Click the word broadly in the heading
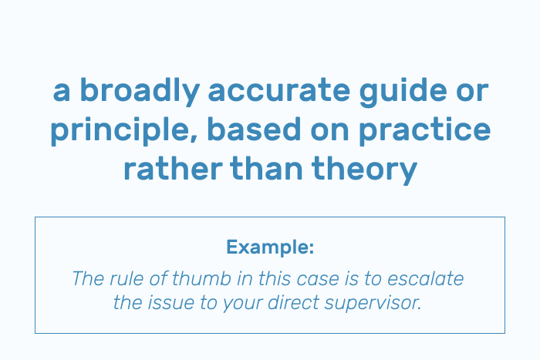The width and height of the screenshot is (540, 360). (140, 90)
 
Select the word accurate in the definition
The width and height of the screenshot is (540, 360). (279, 90)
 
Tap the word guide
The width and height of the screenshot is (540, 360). (403, 90)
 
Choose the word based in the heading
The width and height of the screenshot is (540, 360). (254, 130)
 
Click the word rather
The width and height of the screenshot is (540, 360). (173, 168)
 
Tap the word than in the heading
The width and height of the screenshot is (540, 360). (267, 168)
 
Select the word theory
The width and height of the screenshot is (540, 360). (364, 170)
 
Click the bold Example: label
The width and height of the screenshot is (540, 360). (270, 247)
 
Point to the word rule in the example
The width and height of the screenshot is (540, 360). (126, 278)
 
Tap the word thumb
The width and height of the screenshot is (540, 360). (201, 278)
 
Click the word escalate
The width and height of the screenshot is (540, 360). (425, 278)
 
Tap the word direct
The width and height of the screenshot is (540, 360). (293, 303)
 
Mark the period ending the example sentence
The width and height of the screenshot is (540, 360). (419, 308)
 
